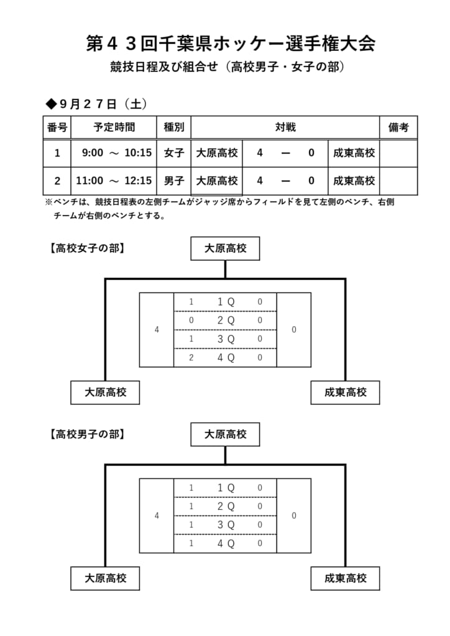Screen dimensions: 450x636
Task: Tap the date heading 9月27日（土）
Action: click(x=96, y=104)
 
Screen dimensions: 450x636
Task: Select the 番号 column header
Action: click(x=57, y=127)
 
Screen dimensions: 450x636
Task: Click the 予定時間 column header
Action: click(x=114, y=127)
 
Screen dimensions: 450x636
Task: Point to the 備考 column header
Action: click(x=398, y=127)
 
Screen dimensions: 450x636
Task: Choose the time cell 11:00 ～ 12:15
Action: click(x=114, y=181)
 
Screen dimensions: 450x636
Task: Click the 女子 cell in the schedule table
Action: click(x=174, y=153)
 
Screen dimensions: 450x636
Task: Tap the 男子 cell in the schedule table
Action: click(x=174, y=181)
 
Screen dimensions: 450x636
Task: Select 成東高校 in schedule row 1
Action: click(x=354, y=153)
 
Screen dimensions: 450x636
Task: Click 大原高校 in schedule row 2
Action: click(x=217, y=181)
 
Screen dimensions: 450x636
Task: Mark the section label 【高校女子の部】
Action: click(x=87, y=248)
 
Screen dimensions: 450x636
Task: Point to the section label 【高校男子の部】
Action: click(x=87, y=434)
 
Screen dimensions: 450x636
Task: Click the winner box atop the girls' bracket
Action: click(x=225, y=248)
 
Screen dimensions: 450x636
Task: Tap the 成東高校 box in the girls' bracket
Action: click(x=346, y=393)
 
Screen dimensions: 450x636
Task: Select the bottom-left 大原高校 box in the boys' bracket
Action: click(x=105, y=578)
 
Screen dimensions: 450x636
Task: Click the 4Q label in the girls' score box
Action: click(x=226, y=358)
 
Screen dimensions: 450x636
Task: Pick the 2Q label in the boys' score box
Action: click(x=226, y=506)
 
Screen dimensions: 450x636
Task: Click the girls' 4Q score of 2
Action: click(x=191, y=358)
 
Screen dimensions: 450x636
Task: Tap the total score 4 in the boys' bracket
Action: click(x=157, y=516)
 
